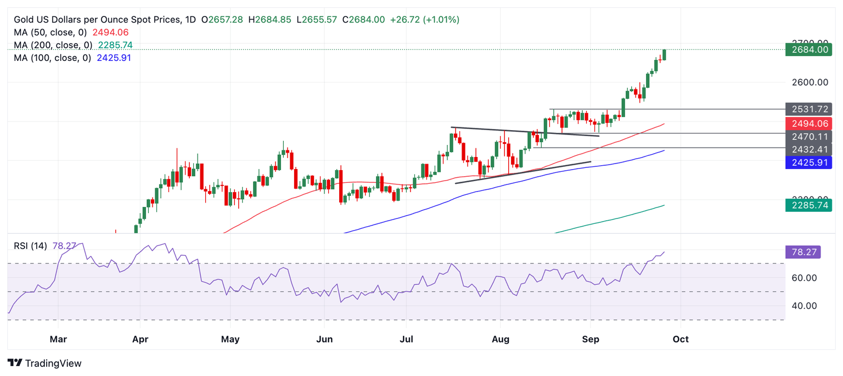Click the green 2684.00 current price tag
coord(808,49)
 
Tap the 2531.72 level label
coord(808,109)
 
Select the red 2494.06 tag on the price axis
coord(808,124)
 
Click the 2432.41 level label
coord(808,149)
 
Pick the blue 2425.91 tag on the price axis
coord(808,162)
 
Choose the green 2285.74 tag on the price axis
coord(808,205)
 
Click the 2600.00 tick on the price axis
coord(810,82)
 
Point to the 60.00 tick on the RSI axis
coord(805,278)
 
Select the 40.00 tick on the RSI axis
coord(805,306)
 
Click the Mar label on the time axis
coord(58,339)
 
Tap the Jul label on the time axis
coord(407,339)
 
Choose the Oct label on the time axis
coord(681,339)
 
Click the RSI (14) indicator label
coord(30,245)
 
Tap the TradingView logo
coord(45,363)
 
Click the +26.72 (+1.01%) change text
coord(424,20)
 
